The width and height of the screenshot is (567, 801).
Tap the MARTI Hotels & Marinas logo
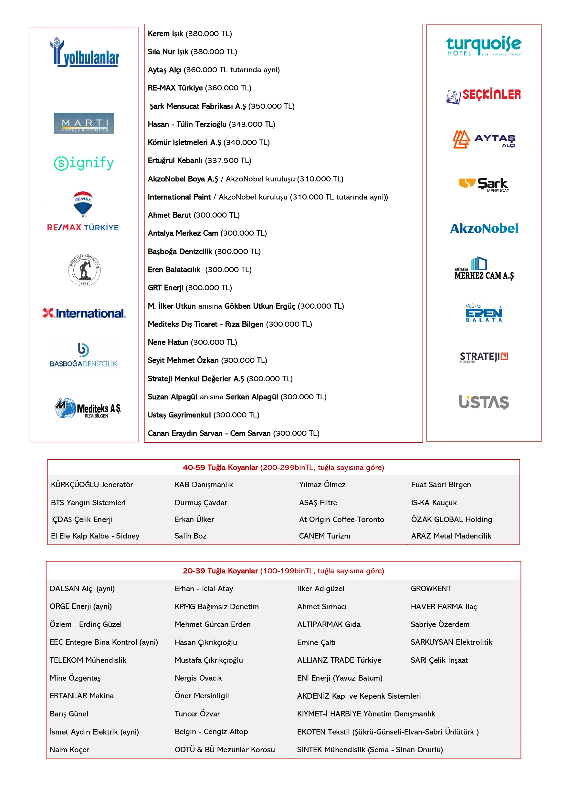click(84, 123)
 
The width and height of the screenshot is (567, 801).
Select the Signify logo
click(84, 163)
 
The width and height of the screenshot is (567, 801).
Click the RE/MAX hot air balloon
click(83, 204)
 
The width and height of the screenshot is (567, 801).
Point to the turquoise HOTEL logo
click(484, 46)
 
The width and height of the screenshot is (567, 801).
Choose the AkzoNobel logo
click(484, 229)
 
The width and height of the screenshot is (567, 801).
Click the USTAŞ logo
click(484, 402)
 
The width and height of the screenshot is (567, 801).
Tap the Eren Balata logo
click(484, 313)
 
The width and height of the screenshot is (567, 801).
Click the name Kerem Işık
click(165, 34)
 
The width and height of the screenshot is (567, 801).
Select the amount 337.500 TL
click(228, 160)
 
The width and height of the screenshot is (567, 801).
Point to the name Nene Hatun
click(168, 342)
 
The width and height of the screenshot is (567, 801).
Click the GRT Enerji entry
click(165, 288)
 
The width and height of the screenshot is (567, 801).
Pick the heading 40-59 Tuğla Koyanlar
click(220, 467)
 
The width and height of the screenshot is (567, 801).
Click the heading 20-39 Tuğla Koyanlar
click(220, 571)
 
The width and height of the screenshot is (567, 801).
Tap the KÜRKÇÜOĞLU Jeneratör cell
click(92, 485)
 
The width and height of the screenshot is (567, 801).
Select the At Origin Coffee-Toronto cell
click(341, 519)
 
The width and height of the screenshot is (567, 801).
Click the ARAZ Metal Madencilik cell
click(451, 536)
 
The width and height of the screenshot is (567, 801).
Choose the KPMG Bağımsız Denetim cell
click(216, 607)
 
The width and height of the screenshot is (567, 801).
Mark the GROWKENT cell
click(431, 589)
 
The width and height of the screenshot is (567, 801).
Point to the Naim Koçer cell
click(69, 750)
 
